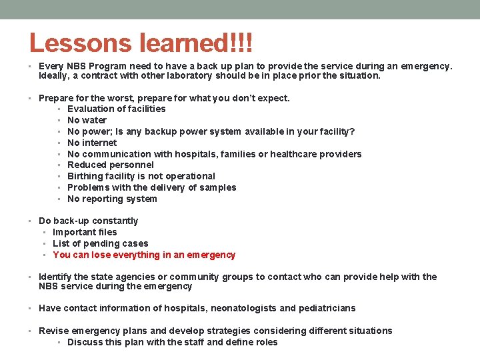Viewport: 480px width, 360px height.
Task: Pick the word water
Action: (95, 120)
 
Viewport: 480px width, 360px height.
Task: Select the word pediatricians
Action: (327, 308)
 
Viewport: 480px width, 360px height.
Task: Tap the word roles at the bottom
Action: (265, 342)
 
